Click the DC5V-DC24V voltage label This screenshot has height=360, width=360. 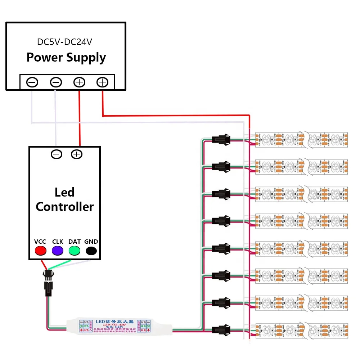pyautogui.click(x=65, y=42)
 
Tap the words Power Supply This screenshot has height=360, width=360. pyautogui.click(x=66, y=58)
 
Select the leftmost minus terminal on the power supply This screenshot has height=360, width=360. pyautogui.click(x=32, y=82)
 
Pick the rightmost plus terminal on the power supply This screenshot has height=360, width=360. pyautogui.click(x=102, y=82)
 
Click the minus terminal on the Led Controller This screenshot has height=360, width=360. pyautogui.click(x=57, y=154)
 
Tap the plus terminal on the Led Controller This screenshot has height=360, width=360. pyautogui.click(x=77, y=154)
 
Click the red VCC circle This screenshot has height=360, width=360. pyautogui.click(x=40, y=251)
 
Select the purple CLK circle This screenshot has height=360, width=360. pyautogui.click(x=57, y=251)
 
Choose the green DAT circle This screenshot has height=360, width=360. pyautogui.click(x=74, y=251)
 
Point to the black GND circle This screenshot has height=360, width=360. pyautogui.click(x=91, y=251)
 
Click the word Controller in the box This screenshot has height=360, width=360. pyautogui.click(x=65, y=207)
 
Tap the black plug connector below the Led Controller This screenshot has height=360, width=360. pyautogui.click(x=48, y=283)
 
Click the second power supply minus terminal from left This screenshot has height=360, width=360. pyautogui.click(x=56, y=82)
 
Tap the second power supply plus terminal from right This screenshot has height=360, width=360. pyautogui.click(x=79, y=82)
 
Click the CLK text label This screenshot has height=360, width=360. pyautogui.click(x=58, y=242)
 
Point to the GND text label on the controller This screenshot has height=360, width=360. pyautogui.click(x=91, y=242)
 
